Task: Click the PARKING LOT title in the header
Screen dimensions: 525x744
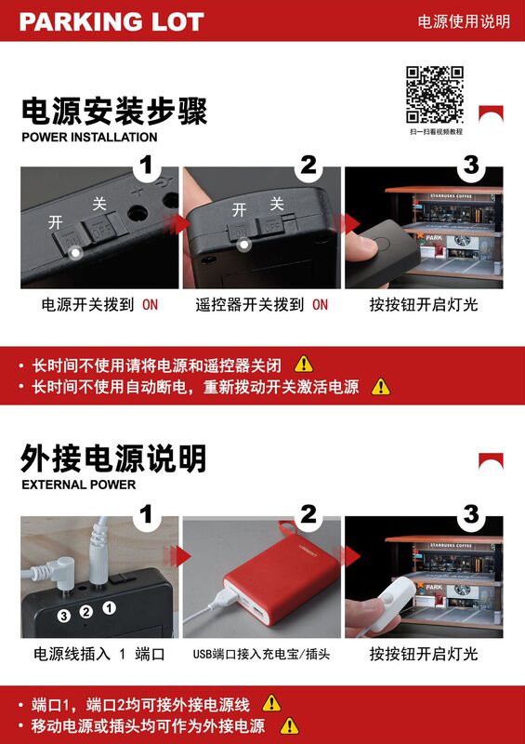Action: tap(112, 21)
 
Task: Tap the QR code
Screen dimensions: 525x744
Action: tap(435, 95)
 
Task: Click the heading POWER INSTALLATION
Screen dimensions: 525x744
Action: tap(89, 137)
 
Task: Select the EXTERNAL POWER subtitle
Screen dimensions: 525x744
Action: tap(79, 485)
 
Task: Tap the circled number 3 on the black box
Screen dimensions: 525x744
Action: tap(64, 616)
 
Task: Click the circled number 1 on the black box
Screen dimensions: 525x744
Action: tap(109, 607)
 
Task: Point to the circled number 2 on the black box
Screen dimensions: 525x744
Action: tap(85, 612)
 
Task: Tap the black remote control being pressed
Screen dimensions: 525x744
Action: tap(385, 251)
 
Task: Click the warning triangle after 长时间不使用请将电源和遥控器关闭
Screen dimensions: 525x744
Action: tap(304, 365)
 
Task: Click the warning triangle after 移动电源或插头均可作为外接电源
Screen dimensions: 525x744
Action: tap(289, 726)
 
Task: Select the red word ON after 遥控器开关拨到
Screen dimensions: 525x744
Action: tap(321, 305)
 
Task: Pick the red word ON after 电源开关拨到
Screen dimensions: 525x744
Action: tap(150, 305)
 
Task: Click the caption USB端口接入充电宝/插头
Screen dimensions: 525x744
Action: tap(261, 655)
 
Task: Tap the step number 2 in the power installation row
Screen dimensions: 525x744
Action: tap(308, 166)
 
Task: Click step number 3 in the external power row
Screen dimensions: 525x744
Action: tap(471, 514)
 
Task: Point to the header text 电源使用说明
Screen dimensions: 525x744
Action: tap(464, 21)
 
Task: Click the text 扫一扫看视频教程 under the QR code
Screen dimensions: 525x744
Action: tap(437, 131)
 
